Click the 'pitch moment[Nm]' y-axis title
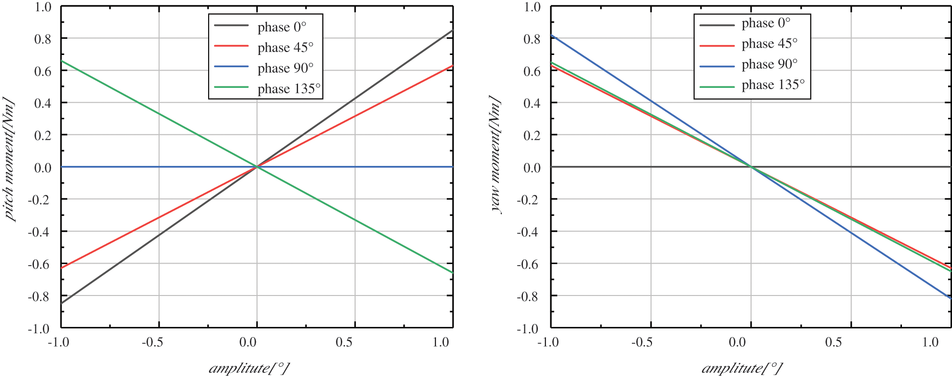[x=9, y=160]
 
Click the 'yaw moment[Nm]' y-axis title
[x=496, y=155]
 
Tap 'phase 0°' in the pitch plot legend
[x=282, y=27]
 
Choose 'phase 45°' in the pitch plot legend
[x=285, y=48]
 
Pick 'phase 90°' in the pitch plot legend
[x=285, y=68]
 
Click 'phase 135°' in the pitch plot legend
[x=289, y=89]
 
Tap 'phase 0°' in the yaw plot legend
[x=766, y=23]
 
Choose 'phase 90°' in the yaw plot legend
[x=769, y=64]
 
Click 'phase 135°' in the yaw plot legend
[x=773, y=85]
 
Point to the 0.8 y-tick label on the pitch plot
[x=42, y=39]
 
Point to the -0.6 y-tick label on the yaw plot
[x=528, y=264]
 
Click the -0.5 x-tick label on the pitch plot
[x=152, y=342]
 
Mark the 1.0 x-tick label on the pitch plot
[x=441, y=342]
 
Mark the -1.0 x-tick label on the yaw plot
[x=548, y=342]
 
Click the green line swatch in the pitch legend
[x=231, y=87]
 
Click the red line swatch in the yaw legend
[x=717, y=45]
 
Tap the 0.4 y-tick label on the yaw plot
[x=532, y=103]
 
